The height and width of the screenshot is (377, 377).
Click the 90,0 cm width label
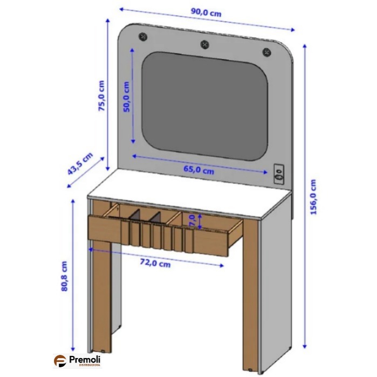206,12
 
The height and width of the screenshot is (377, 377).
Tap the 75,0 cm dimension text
102,95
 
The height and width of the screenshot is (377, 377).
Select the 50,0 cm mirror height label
126,97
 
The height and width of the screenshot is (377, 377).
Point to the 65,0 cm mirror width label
198,170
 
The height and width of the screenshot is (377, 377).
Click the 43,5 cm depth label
80,163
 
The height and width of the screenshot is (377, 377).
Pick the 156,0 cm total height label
313,197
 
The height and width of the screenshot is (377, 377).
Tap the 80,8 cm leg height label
64,276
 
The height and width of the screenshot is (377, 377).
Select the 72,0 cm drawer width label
155,263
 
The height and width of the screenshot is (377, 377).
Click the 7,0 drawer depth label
192,221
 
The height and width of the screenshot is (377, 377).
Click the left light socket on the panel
143,37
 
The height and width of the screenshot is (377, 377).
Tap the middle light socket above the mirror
204,44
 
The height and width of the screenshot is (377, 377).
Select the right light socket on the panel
266,52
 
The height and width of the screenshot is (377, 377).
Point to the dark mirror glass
204,106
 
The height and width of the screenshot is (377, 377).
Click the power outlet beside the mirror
279,174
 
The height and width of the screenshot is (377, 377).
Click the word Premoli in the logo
85,360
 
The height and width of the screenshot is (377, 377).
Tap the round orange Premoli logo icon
60,361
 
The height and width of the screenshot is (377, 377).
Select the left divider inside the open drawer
135,215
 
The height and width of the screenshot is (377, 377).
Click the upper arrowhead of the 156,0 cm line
305,46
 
